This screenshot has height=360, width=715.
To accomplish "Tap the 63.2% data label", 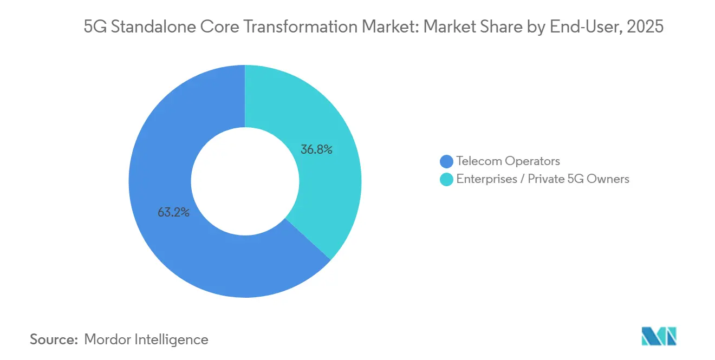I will click(x=173, y=213).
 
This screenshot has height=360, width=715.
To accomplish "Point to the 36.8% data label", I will click(x=316, y=149).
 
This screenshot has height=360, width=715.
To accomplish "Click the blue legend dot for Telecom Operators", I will click(x=446, y=161).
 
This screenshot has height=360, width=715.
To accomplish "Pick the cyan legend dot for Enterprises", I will click(x=446, y=179).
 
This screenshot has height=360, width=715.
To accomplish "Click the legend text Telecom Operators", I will click(x=508, y=161).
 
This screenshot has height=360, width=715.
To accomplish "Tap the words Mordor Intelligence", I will click(x=146, y=339).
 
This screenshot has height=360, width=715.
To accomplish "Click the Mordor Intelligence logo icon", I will click(x=659, y=336).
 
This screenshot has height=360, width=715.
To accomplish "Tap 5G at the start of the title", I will click(x=94, y=27).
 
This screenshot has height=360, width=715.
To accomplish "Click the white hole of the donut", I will click(x=245, y=181).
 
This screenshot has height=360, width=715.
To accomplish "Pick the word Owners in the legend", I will click(x=609, y=179).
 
